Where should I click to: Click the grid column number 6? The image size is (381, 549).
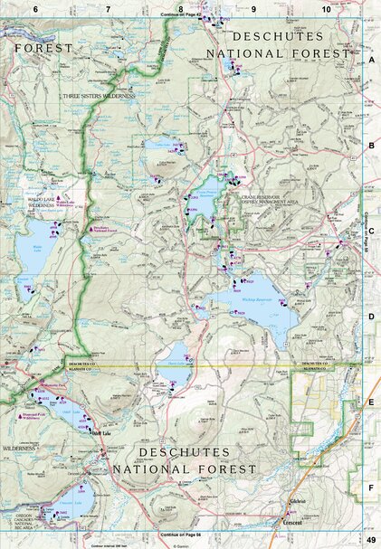coord(34,8)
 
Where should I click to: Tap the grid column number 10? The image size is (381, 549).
coord(326,8)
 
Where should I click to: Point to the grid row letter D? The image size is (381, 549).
coord(371,317)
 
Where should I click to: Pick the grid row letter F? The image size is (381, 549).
coord(371,488)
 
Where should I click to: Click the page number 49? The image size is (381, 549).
coord(370,541)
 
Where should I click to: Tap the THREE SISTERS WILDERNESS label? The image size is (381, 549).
coord(98,95)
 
